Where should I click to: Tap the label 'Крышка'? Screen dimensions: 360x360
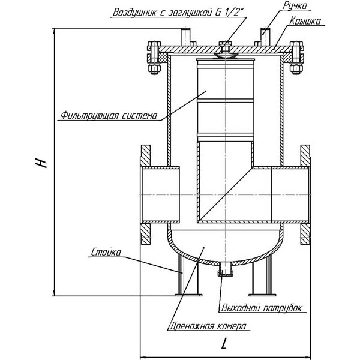pos(304,22)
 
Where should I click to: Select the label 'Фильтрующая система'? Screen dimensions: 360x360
pos(109,115)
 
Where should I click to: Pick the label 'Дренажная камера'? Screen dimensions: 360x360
pos(207,327)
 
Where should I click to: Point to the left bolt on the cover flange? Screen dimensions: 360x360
pos(152,59)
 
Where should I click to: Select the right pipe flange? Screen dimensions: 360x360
pos(304,196)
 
